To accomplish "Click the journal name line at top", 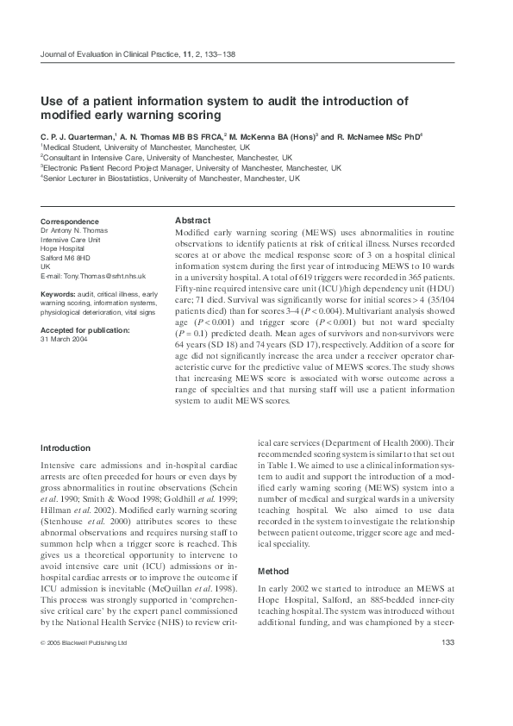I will [138, 54].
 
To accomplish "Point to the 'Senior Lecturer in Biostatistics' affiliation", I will [172, 178].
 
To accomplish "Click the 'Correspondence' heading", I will [70, 222].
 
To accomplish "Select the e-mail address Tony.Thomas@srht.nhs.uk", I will [93, 276].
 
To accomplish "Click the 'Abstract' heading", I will [192, 221].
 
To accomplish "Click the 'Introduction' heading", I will [66, 448].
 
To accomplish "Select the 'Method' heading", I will [275, 572].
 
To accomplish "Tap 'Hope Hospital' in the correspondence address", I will [66, 248].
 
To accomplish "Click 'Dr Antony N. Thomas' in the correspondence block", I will [76, 230].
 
